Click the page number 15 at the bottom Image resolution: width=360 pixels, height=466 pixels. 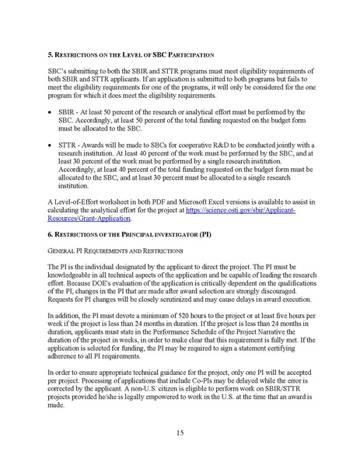pos(180,432)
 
